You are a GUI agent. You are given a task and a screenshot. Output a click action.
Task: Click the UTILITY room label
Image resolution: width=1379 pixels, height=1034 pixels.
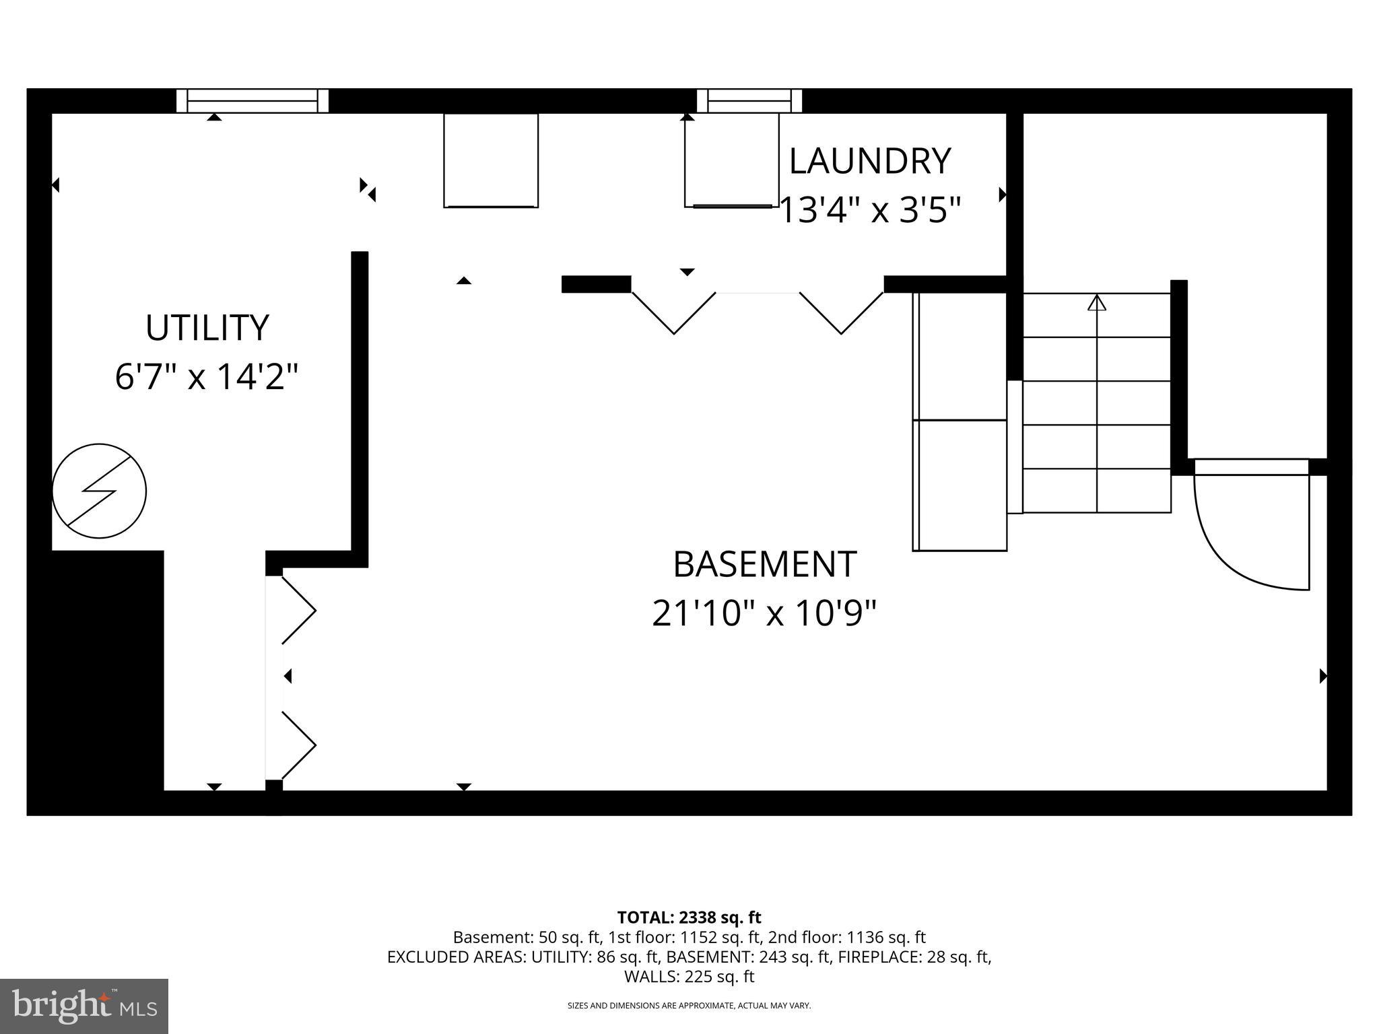[207, 328]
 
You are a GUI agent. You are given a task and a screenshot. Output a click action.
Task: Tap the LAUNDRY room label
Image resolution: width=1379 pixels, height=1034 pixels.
[869, 162]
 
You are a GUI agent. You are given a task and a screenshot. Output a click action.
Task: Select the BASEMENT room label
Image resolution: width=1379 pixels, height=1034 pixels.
[764, 564]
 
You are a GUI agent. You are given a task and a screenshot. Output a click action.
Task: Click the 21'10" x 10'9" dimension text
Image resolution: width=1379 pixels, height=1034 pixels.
[764, 614]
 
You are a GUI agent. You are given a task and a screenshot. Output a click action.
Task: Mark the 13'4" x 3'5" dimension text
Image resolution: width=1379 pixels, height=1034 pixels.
[869, 210]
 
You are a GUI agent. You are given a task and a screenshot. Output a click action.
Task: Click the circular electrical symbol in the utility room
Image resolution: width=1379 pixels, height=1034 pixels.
[99, 491]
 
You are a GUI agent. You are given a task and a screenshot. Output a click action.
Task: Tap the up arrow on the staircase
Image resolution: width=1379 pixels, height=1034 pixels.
[1097, 304]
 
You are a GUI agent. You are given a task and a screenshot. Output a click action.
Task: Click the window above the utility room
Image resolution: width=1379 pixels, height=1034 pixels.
[253, 101]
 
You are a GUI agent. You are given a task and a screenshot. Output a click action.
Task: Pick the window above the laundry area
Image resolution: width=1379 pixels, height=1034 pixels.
[749, 101]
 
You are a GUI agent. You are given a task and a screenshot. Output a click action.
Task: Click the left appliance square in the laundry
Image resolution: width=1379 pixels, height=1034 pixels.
[491, 160]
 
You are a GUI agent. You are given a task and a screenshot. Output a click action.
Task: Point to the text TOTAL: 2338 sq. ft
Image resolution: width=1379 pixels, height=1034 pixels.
[689, 918]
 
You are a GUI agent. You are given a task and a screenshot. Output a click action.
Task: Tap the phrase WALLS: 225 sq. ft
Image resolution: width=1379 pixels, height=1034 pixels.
[689, 977]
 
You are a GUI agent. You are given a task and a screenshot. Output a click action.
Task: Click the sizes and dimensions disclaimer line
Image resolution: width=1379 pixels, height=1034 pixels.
[689, 1006]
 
